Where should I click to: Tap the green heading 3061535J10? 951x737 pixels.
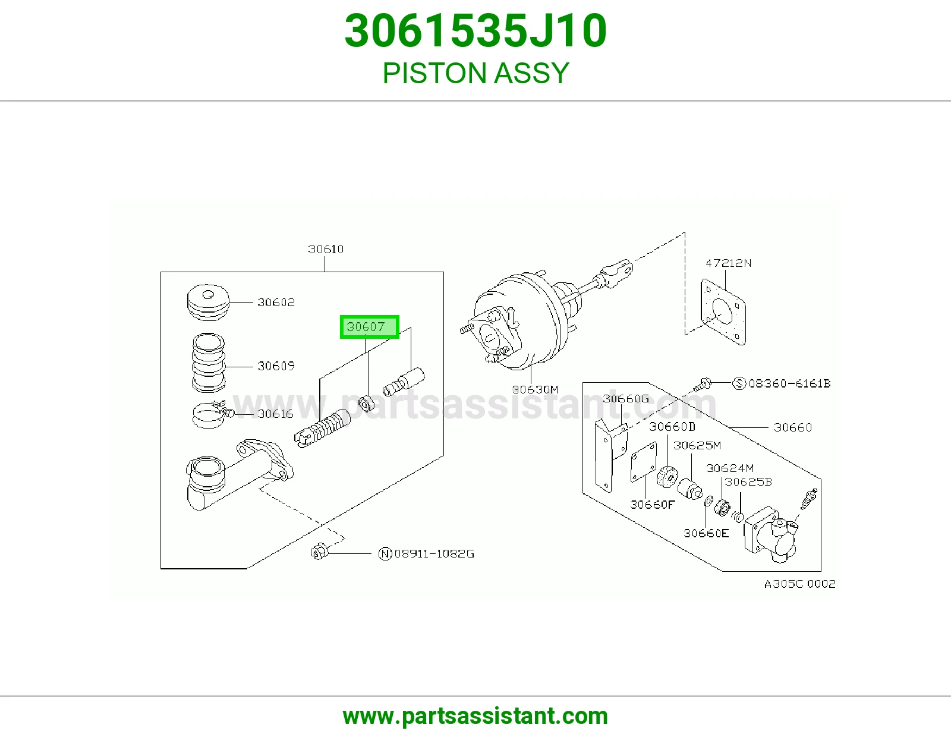click(475, 31)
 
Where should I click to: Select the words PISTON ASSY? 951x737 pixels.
click(475, 73)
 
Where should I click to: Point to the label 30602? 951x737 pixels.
click(276, 302)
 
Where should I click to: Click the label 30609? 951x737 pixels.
click(276, 366)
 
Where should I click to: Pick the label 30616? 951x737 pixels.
click(275, 414)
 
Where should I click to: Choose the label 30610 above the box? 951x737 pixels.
click(326, 249)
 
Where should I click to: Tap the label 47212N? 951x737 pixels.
click(728, 263)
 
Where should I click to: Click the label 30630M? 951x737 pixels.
click(535, 389)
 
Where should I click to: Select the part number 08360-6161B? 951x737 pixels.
click(789, 383)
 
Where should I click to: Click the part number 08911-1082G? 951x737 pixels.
click(434, 553)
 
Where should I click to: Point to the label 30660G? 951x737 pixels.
click(625, 398)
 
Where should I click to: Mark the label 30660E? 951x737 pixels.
click(706, 533)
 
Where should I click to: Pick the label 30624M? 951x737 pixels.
click(729, 468)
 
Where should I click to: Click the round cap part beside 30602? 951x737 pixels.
click(208, 302)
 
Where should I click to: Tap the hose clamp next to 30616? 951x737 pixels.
click(209, 414)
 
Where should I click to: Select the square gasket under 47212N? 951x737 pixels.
click(723, 311)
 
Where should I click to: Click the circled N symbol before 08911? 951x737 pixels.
click(385, 553)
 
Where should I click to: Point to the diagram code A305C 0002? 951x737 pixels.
click(799, 584)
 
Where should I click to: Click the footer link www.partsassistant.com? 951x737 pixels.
click(475, 716)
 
